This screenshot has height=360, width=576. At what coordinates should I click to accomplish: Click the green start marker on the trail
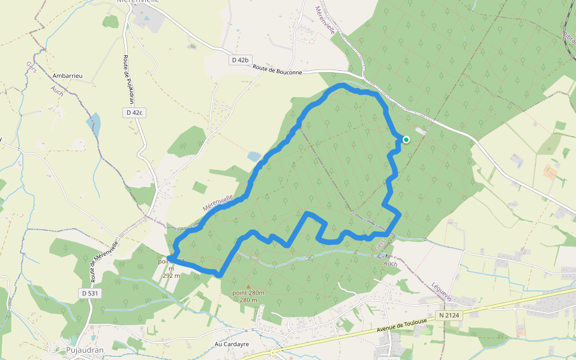point(406,140)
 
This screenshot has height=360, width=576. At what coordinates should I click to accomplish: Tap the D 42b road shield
point(239,60)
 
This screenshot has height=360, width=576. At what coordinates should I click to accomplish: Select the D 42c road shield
point(135,112)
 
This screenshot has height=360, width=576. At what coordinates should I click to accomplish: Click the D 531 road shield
point(90,293)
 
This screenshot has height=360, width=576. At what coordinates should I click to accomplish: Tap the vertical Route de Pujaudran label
point(128,78)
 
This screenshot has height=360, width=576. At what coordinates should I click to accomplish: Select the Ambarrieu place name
point(67,76)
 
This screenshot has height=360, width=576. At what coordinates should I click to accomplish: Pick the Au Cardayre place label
point(232,344)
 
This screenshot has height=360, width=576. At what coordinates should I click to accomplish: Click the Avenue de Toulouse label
point(401,327)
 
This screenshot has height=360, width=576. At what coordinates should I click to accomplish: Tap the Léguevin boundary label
point(442,292)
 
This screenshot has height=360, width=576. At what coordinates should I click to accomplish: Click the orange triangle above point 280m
point(247,286)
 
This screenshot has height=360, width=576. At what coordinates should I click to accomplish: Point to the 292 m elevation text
point(172,276)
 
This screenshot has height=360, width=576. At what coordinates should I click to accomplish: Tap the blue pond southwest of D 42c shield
point(93,125)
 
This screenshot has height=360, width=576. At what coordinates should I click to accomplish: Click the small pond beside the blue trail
point(255,156)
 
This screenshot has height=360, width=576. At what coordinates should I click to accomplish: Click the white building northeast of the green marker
point(422,131)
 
